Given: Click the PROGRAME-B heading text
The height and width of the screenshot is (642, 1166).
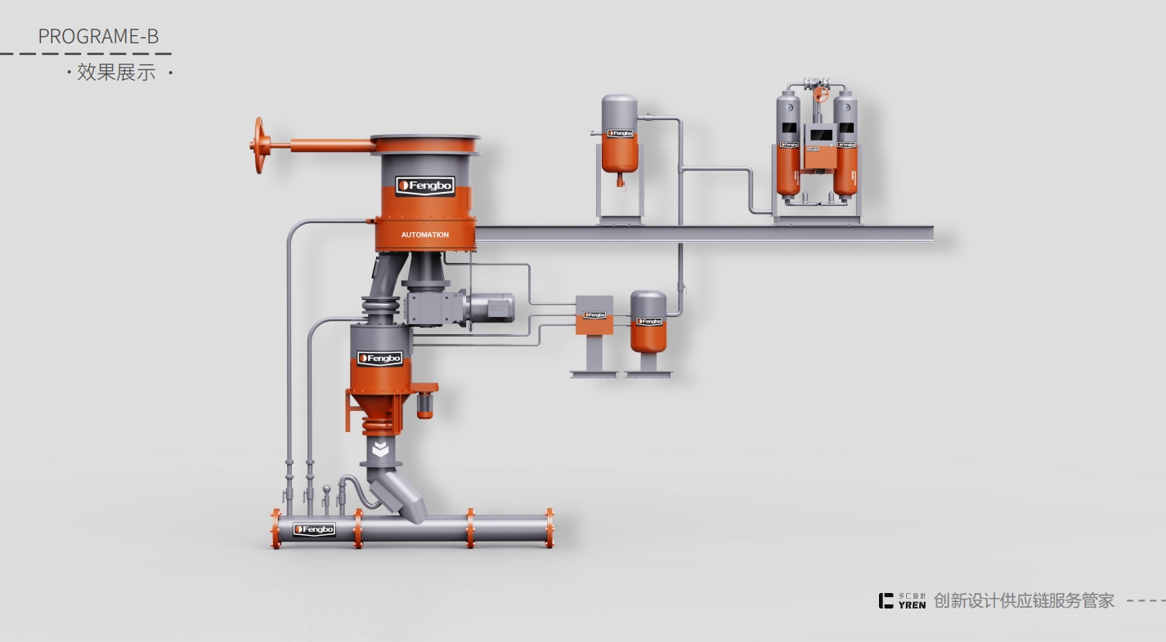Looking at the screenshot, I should pos(98,37).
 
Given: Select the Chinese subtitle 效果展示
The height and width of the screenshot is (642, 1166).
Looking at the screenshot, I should pos(116,73).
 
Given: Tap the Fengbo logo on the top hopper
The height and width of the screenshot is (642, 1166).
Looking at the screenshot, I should pos(425,186).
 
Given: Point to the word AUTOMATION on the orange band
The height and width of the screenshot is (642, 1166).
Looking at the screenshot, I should pos(424,234).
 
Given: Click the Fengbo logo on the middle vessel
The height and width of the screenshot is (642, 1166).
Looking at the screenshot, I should pos(380,359).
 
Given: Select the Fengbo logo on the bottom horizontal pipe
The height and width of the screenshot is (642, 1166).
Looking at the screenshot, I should pos(314,529).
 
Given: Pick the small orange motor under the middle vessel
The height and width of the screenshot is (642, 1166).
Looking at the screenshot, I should pos(424,405).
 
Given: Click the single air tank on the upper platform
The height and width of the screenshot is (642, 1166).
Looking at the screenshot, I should pos(620,132).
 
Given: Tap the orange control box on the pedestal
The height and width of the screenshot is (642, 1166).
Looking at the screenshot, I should pos(594,314).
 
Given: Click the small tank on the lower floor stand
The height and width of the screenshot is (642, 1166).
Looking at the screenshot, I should pos(648,321).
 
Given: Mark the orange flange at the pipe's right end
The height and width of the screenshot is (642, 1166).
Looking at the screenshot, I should pos(549,528).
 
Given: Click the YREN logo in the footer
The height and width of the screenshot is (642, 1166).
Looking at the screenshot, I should pos(903,600).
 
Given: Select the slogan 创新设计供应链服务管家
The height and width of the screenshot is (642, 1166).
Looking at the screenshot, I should pos(1024,600).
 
